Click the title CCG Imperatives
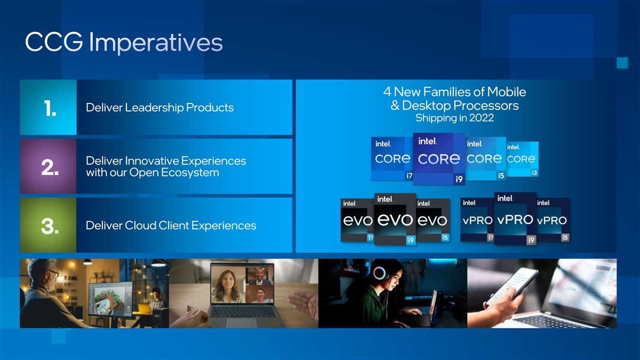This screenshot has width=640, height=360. pos(124,42)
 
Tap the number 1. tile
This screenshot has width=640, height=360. pos(49,107)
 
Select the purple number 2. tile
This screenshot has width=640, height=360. pos(49,166)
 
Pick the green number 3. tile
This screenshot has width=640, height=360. pos(49,225)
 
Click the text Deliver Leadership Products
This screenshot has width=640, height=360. pos(159,107)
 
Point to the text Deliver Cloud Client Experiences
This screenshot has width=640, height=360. pos(171,226)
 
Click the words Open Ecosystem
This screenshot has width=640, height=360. pos(174,173)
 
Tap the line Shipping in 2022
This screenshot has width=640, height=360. pos(454,118)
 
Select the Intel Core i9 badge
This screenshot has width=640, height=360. pos(439,159)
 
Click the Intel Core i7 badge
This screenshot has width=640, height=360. pos(392,159)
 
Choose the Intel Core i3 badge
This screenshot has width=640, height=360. pos(523,159)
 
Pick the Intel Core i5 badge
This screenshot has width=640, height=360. pos(486,159)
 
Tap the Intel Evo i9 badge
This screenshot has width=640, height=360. pos(395,219)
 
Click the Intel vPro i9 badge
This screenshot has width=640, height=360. pos(515,219)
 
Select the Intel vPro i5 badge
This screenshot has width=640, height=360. pos(553,220)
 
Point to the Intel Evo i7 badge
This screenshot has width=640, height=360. pos(357,220)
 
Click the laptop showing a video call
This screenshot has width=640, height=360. pos(243,295)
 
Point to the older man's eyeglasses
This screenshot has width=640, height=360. pos(54,273)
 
